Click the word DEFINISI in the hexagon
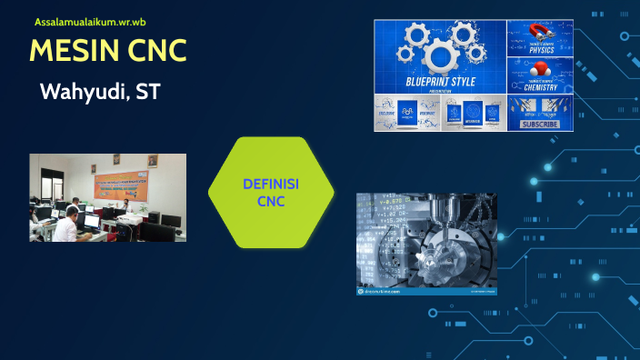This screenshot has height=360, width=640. (271, 185)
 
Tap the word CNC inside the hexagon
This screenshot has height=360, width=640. (271, 201)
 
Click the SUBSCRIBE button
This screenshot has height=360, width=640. (541, 125)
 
